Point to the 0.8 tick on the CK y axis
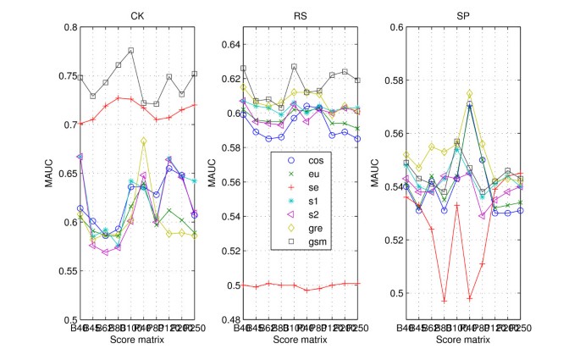(x=65, y=27)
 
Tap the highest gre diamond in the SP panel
(x=470, y=94)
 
